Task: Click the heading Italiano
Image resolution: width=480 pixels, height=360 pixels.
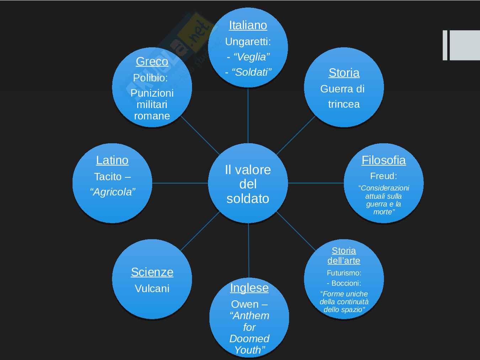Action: tap(248, 25)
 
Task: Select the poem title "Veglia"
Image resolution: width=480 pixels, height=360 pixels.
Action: tap(251, 57)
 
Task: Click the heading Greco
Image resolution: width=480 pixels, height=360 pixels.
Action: tap(152, 61)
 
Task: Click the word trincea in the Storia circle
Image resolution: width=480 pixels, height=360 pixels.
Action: tap(343, 104)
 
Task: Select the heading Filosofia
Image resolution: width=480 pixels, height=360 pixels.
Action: tap(383, 160)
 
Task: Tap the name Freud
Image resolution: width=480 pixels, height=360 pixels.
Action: tap(383, 176)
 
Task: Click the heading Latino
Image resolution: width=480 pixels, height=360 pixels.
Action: tap(112, 160)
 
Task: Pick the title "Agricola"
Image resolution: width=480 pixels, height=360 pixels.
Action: tap(113, 192)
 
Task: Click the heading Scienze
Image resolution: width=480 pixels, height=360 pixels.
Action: tap(152, 272)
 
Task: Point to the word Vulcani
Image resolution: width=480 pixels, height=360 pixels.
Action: tap(152, 289)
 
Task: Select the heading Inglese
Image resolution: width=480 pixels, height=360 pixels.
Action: tap(249, 288)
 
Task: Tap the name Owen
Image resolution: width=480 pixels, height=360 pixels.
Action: tap(245, 304)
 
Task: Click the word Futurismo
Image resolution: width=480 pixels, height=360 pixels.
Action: tap(343, 273)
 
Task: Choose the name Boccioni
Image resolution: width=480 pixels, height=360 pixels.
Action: tap(346, 283)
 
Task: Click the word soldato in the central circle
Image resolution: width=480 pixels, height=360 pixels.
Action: tap(248, 198)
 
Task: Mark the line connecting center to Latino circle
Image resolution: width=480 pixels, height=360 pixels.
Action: tap(180, 183)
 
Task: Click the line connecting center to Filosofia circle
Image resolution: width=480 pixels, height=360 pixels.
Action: tap(316, 183)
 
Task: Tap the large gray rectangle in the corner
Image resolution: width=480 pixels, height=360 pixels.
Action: tap(465, 45)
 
